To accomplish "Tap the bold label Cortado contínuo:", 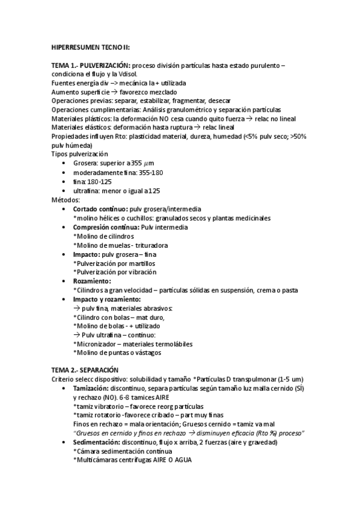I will (x=99, y=208).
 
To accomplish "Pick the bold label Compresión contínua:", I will (x=106, y=227).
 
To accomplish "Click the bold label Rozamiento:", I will (x=92, y=281).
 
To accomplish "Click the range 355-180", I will (x=150, y=172).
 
